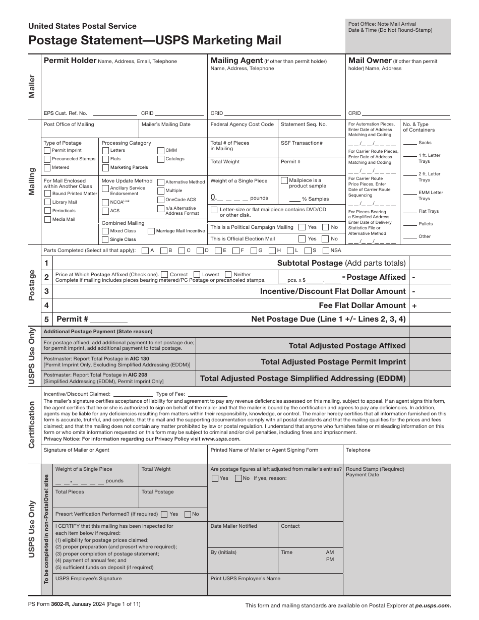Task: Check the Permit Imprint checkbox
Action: click(x=47, y=150)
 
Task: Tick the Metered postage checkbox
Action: click(x=47, y=167)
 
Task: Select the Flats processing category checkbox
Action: click(x=105, y=159)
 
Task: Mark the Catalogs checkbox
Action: click(x=161, y=159)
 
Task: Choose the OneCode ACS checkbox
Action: click(x=161, y=200)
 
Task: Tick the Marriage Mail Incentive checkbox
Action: click(x=151, y=231)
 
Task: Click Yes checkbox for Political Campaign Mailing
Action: click(x=302, y=227)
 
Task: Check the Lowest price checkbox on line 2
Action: click(x=197, y=274)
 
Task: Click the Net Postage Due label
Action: click(x=328, y=319)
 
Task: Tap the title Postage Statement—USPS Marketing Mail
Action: click(x=155, y=40)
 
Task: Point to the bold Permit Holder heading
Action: click(x=70, y=60)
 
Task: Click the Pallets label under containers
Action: click(x=426, y=224)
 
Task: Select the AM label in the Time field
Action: click(x=330, y=552)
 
